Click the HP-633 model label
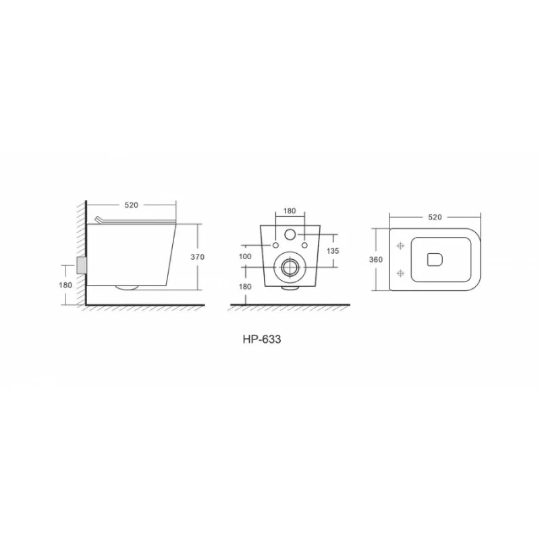point(262,340)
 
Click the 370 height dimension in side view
point(198,257)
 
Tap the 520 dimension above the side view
point(131,205)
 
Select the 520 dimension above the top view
point(435,217)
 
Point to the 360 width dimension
point(376,260)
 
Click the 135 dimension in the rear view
point(333,251)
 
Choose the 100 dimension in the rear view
point(245,256)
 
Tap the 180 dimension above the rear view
point(290,211)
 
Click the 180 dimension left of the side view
point(65,285)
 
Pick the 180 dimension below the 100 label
point(245,286)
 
